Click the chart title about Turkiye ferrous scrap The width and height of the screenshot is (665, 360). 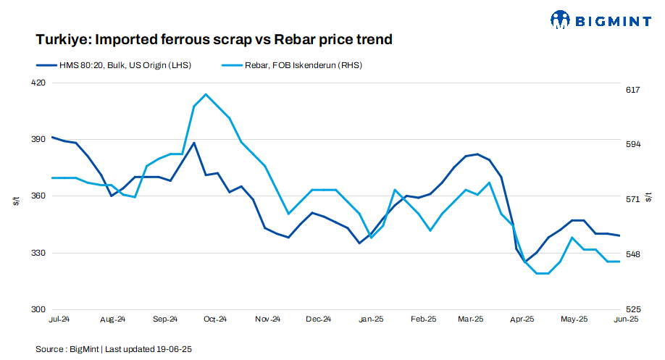click(x=214, y=39)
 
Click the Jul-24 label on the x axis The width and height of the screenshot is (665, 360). click(x=59, y=319)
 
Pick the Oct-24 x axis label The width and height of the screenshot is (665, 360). click(x=215, y=319)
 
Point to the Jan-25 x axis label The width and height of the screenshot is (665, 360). click(x=371, y=319)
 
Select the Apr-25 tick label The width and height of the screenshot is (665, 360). click(x=522, y=319)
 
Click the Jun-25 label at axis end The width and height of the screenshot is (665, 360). click(x=627, y=319)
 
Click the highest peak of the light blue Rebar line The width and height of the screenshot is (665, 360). click(x=206, y=94)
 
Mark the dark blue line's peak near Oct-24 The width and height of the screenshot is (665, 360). click(x=194, y=143)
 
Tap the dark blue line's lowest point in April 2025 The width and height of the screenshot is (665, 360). click(x=524, y=261)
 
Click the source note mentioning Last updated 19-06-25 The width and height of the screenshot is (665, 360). click(x=114, y=349)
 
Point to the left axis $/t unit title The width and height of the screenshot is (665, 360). click(x=16, y=201)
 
